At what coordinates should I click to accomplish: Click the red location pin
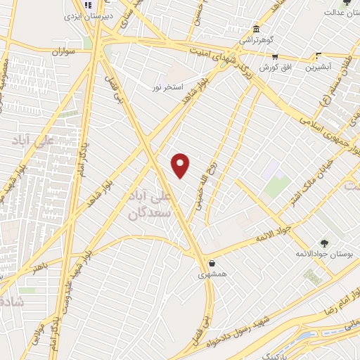pos(181,166)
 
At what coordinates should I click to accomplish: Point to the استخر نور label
pos(168,87)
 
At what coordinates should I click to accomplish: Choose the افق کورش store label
pos(275,67)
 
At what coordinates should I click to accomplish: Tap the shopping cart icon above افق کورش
pos(276,57)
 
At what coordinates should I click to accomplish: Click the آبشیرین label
pos(319,67)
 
